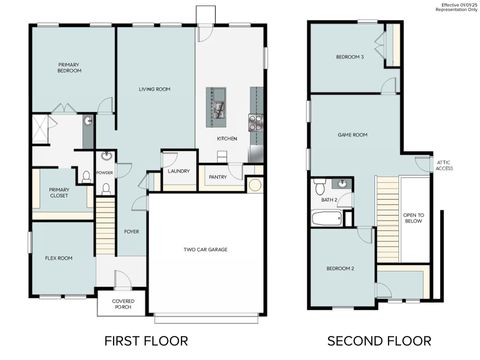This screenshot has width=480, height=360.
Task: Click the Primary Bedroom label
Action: click(x=69, y=68)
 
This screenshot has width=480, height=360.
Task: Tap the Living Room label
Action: click(x=154, y=89)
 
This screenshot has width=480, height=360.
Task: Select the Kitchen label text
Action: click(x=227, y=138)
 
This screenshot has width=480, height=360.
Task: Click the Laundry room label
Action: click(x=179, y=170)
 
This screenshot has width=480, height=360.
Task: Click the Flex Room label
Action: click(x=59, y=258)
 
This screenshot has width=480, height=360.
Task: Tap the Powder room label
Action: click(x=105, y=172)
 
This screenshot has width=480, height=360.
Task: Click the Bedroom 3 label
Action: click(x=349, y=57)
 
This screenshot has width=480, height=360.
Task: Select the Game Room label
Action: click(x=352, y=134)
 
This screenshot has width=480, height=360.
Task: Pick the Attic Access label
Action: click(x=444, y=167)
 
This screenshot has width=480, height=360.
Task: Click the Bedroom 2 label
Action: click(x=340, y=269)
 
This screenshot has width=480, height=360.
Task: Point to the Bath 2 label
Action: click(x=329, y=200)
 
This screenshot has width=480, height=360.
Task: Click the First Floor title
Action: click(x=146, y=340)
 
